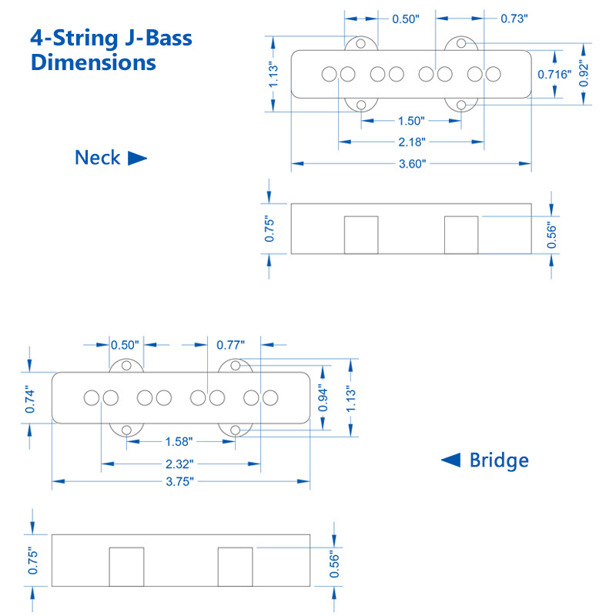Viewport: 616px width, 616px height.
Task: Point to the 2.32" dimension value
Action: [179, 464]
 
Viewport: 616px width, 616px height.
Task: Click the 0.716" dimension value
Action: [554, 75]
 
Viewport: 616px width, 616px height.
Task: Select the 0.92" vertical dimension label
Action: [585, 74]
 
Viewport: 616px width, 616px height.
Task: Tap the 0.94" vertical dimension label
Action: [323, 398]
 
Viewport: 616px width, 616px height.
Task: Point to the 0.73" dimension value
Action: [514, 18]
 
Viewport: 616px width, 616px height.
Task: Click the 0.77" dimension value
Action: [230, 344]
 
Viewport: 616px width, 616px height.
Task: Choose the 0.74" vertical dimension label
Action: [31, 399]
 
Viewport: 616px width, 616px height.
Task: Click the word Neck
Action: [97, 158]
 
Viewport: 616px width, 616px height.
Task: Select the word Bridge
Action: [499, 460]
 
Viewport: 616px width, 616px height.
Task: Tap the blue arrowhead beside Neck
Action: [136, 159]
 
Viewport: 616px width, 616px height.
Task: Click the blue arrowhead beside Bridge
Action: [451, 460]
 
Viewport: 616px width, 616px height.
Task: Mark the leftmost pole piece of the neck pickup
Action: [330, 75]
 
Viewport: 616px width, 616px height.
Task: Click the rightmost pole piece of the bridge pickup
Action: [270, 398]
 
